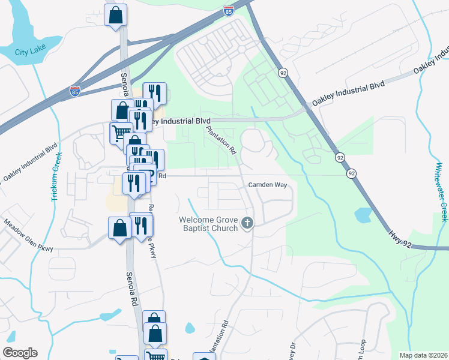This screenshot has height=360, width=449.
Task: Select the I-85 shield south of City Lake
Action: pos(74,90)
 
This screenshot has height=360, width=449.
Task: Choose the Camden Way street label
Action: pos(268,185)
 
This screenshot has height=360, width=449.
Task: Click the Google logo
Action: pos(20,353)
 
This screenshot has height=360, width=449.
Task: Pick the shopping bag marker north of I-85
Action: pos(116,15)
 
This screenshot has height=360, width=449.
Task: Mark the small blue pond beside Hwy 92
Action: pos(363,214)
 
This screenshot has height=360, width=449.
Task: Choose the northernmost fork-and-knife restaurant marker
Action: pos(155,93)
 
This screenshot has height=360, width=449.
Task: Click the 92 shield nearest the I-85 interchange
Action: pos(282,72)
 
